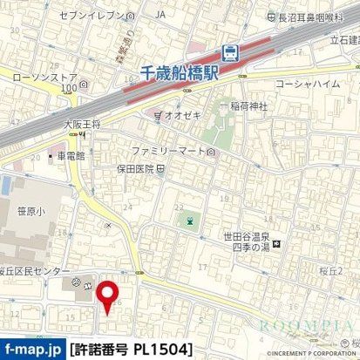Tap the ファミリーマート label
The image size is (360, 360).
(x=172, y=151)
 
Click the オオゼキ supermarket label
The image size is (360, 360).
(x=175, y=113)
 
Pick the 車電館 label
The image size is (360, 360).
(x=70, y=158)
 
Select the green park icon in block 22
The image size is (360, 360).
(x=189, y=221)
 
